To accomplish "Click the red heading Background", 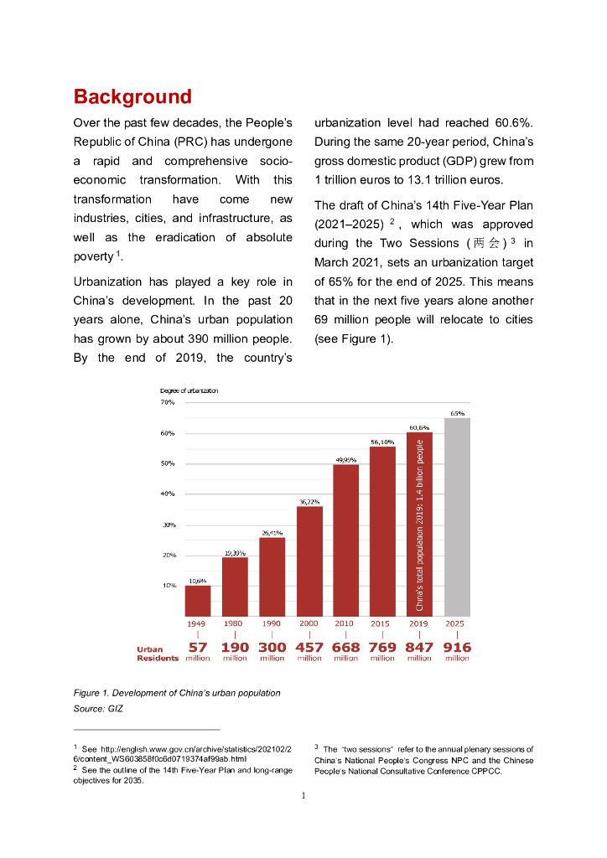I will [132, 96].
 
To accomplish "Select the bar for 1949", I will [198, 601].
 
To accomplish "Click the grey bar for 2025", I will [457, 517].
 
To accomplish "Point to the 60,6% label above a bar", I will [419, 427].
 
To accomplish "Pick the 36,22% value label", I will [309, 501].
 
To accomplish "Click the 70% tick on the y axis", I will [168, 403].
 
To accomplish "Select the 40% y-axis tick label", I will [168, 494].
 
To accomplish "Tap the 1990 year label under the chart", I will [272, 623].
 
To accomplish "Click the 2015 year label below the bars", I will [382, 623].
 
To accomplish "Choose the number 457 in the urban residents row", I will [309, 647].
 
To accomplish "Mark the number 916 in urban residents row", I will [457, 647].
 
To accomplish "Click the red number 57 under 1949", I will [198, 647].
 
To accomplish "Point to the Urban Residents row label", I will [158, 654].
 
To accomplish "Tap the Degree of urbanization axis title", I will [189, 390].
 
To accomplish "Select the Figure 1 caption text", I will [177, 693].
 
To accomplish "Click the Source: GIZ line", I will [99, 709].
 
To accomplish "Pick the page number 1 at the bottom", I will [303, 795].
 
